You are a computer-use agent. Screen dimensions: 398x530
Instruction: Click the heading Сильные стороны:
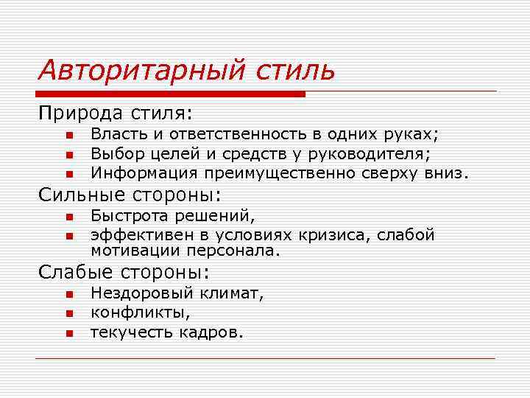tap(130, 195)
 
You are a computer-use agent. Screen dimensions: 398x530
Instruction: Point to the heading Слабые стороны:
tap(124, 272)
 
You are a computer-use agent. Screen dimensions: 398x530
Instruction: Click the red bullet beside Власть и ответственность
tap(67, 135)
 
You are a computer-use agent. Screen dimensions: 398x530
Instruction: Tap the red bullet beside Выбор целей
tap(67, 155)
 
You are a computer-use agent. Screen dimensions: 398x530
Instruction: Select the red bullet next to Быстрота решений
tap(67, 217)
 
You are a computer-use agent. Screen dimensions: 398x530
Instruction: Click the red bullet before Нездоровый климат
tap(67, 294)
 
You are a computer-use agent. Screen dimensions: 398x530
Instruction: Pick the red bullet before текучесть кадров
tap(67, 333)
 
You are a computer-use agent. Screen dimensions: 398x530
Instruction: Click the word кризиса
tap(335, 235)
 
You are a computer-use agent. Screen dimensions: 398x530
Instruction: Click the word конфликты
tap(134, 313)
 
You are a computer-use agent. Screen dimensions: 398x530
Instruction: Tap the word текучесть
tap(130, 332)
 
